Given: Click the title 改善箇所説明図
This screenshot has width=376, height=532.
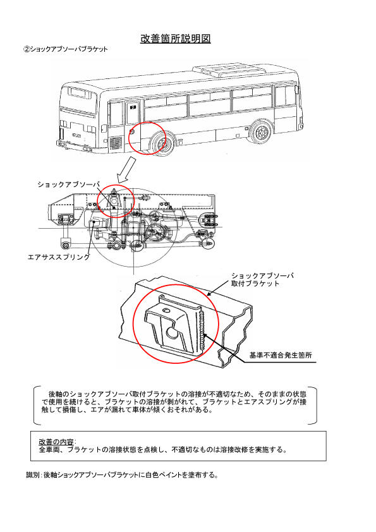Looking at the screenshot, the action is tap(176, 39).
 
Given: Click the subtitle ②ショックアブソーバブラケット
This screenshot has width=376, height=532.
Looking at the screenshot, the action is tap(66, 49).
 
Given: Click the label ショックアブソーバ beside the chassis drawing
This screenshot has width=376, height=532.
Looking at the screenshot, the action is tap(68, 184).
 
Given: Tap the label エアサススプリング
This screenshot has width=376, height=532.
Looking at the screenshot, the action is tap(59, 257).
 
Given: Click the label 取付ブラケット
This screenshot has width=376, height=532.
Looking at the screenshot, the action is tap(255, 284).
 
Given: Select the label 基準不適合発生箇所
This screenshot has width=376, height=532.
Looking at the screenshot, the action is tap(281, 355).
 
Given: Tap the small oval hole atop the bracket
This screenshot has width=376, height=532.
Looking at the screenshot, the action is tap(166, 310).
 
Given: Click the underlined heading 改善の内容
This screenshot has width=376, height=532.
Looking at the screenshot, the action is tap(56, 442).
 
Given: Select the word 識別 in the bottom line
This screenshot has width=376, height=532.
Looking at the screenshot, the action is tap(33, 475).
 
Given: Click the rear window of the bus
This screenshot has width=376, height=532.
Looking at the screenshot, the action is tap(80, 93).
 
